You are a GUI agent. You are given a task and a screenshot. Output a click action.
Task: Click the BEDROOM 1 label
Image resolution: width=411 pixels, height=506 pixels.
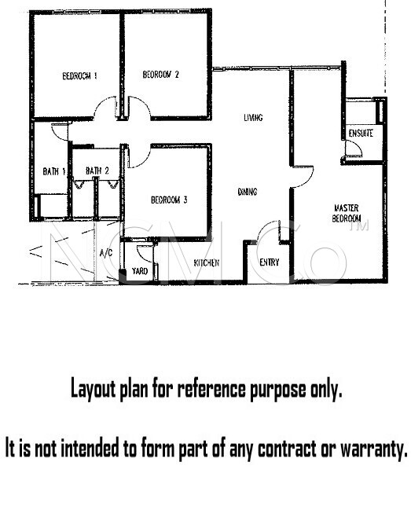pyautogui.click(x=79, y=76)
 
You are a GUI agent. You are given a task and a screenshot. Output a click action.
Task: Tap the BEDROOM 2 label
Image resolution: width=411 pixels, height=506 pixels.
pyautogui.click(x=160, y=75)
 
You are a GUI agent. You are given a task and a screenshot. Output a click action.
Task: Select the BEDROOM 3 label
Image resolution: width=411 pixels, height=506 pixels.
pyautogui.click(x=169, y=200)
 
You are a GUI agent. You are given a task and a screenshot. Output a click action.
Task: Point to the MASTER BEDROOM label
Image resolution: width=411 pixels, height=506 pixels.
pyautogui.click(x=346, y=213)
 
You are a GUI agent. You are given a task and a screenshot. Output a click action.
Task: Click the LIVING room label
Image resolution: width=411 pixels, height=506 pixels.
pyautogui.click(x=253, y=118)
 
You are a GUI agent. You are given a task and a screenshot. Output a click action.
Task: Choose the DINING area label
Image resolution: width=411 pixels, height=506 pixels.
pyautogui.click(x=248, y=192)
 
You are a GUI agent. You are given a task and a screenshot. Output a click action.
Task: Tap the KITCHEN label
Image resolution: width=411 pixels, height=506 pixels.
pyautogui.click(x=207, y=263)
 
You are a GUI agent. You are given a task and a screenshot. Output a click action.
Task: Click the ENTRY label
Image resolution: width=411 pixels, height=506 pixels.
pyautogui.click(x=270, y=262)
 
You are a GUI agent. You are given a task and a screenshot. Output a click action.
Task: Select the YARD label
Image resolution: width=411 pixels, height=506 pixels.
pyautogui.click(x=140, y=271)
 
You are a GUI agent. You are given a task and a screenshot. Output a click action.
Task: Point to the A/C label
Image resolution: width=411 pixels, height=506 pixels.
pyautogui.click(x=106, y=253)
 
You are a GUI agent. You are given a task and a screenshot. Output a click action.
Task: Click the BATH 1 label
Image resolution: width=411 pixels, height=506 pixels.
pyautogui.click(x=54, y=171)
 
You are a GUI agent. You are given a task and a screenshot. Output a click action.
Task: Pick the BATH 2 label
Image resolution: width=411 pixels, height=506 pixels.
pyautogui.click(x=97, y=170)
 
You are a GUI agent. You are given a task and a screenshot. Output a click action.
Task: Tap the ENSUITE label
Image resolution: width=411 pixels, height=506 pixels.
pyautogui.click(x=361, y=134)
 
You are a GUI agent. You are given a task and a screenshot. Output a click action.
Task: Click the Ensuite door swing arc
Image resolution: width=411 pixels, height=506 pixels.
pyautogui.click(x=358, y=148)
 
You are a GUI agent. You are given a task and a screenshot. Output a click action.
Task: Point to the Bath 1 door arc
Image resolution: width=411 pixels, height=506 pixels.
pyautogui.click(x=56, y=135)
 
